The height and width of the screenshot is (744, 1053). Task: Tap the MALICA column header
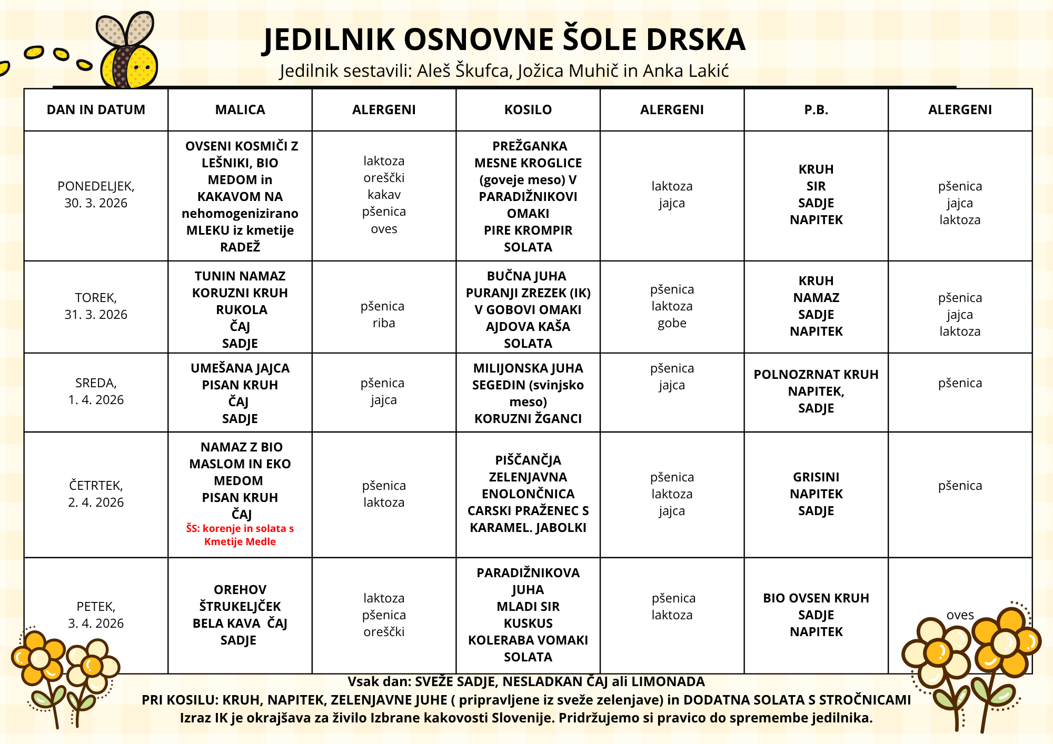coord(240,110)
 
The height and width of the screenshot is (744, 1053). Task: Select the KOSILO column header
coord(528,110)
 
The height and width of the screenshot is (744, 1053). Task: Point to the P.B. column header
coord(816,110)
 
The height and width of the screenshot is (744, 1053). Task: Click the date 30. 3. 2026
coord(96,203)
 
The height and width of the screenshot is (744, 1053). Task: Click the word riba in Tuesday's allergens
coord(384,323)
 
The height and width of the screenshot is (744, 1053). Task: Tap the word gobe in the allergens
coord(672,323)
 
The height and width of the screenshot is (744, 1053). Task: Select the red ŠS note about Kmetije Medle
coord(240,535)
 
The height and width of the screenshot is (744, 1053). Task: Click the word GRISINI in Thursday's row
coord(816,477)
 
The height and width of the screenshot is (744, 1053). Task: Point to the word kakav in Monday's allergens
coord(384,195)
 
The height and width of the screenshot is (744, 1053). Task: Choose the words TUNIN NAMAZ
coord(240,276)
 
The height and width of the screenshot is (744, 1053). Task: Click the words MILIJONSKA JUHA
coord(528,368)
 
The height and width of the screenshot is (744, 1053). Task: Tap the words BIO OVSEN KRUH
coord(816,598)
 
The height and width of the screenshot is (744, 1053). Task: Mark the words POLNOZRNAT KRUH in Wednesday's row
coord(816,375)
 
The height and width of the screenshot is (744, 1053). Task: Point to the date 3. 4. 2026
coord(96,624)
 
